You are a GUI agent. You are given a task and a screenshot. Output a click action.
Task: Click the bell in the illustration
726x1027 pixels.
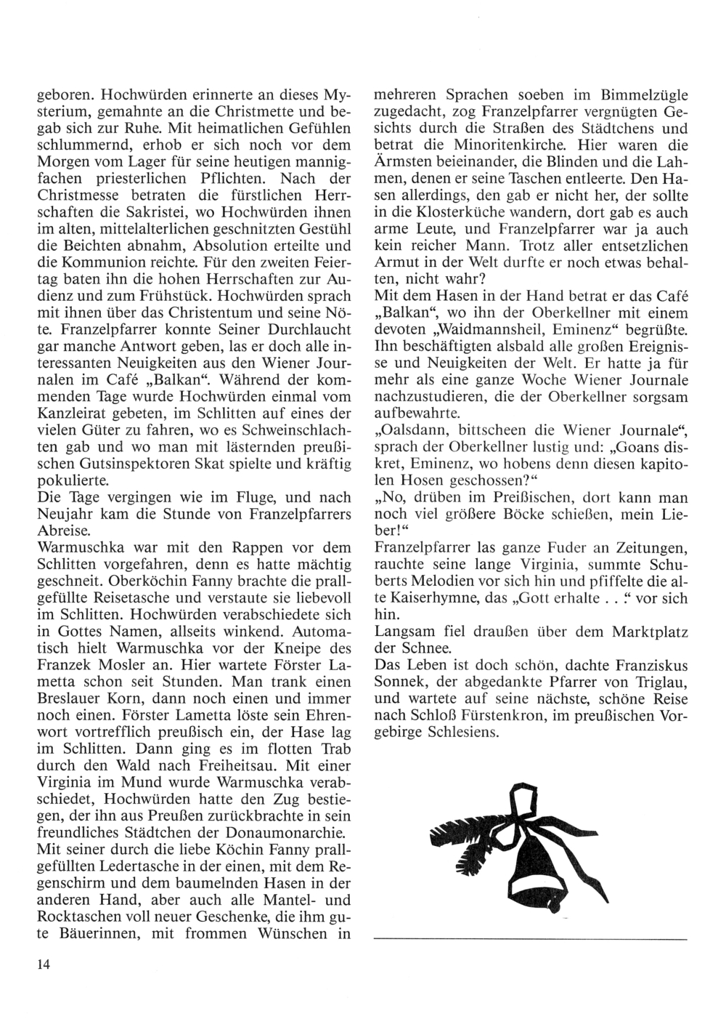tap(537, 872)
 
